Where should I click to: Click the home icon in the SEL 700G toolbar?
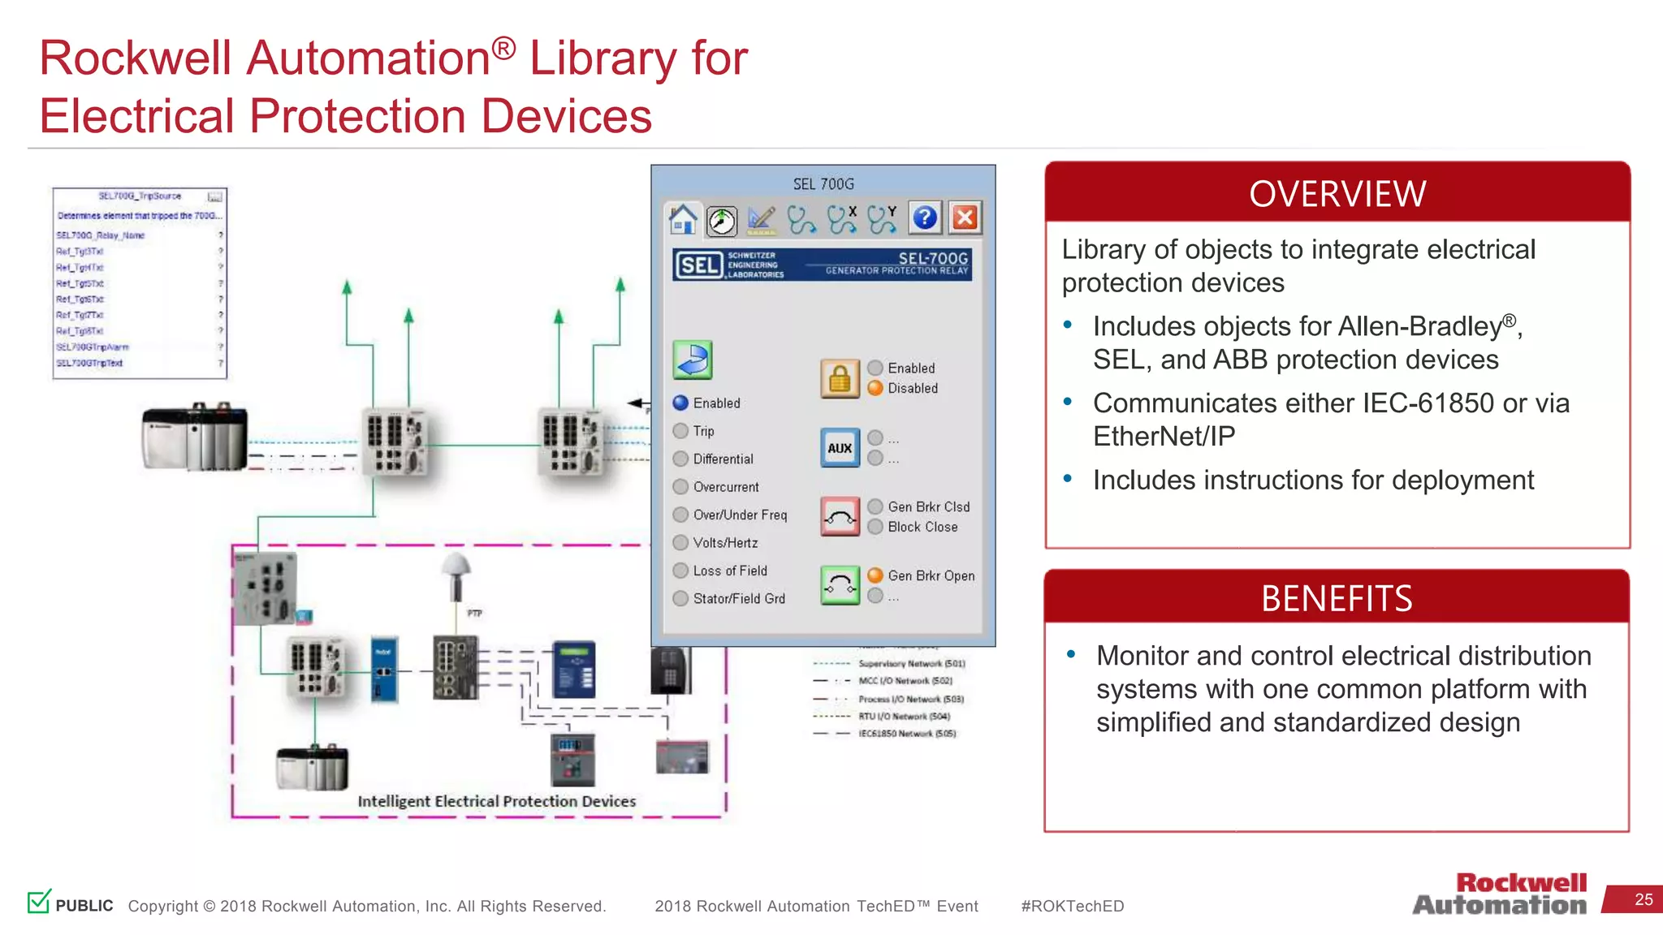682,218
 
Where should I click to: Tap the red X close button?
965,218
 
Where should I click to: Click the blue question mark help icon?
925,218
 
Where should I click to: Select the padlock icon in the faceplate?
840,378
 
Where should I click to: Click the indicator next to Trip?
680,431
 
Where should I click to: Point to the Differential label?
723,459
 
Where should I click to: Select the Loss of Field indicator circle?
680,571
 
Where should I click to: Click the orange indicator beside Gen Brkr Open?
875,575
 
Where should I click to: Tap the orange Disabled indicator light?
875,388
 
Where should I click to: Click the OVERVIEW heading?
1337,194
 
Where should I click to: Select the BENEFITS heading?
1337,599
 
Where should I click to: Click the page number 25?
1644,899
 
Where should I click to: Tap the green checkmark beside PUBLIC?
39,901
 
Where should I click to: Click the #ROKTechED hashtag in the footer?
1072,906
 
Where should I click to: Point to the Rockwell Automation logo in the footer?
1501,894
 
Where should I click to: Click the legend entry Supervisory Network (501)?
911,664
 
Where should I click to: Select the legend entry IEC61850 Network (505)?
907,734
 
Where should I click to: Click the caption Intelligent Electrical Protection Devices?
496,801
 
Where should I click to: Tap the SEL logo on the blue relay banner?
698,265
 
